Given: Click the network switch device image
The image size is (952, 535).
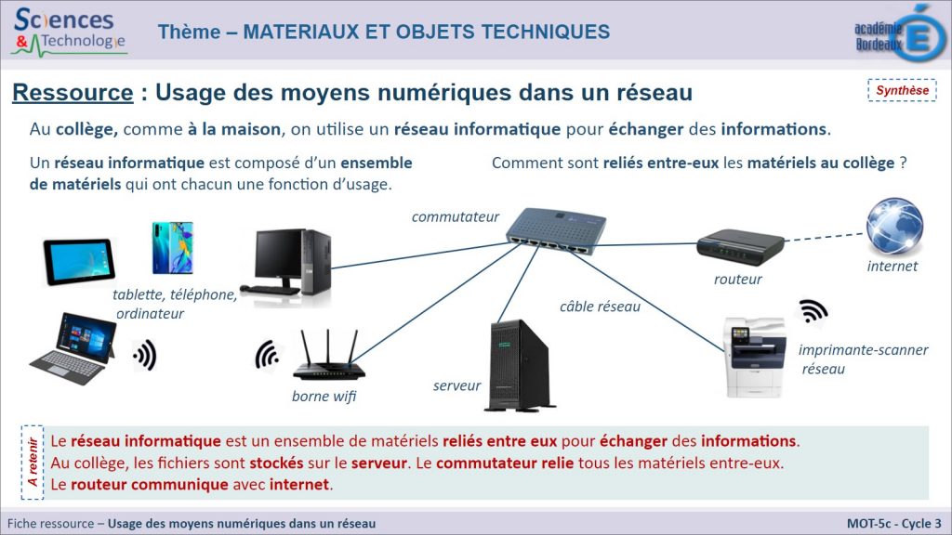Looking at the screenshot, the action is click(x=555, y=230).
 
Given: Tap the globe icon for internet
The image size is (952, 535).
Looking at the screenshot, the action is click(x=894, y=227).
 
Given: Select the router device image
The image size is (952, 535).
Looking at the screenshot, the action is click(x=740, y=247).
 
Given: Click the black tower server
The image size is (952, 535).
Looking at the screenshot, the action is click(x=521, y=366).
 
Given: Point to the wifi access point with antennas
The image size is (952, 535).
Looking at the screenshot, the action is click(x=328, y=355).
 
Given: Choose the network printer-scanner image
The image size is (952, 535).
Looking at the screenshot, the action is click(x=755, y=358).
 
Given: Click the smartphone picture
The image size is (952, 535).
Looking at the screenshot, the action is click(x=172, y=247).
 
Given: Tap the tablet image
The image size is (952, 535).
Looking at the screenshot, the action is click(x=79, y=262).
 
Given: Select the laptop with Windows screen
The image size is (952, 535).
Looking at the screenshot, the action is click(x=73, y=348).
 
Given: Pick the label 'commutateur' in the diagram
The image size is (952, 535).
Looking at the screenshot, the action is click(x=456, y=216).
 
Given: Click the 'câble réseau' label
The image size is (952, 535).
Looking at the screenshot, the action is click(x=600, y=307).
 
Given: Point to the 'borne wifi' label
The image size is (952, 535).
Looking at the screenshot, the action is click(x=324, y=396).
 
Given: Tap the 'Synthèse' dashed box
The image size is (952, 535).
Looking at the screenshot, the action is click(x=902, y=90).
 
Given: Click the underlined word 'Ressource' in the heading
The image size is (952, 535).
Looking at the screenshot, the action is click(x=73, y=93).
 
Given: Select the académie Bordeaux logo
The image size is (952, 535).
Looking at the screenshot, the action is click(x=899, y=34).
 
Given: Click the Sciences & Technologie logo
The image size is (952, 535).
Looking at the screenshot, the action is click(x=68, y=33).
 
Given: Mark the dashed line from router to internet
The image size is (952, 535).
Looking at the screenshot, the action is click(x=824, y=237).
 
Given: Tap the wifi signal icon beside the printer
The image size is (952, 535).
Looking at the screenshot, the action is click(x=813, y=311).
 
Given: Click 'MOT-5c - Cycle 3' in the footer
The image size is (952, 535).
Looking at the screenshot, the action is click(x=894, y=524).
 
